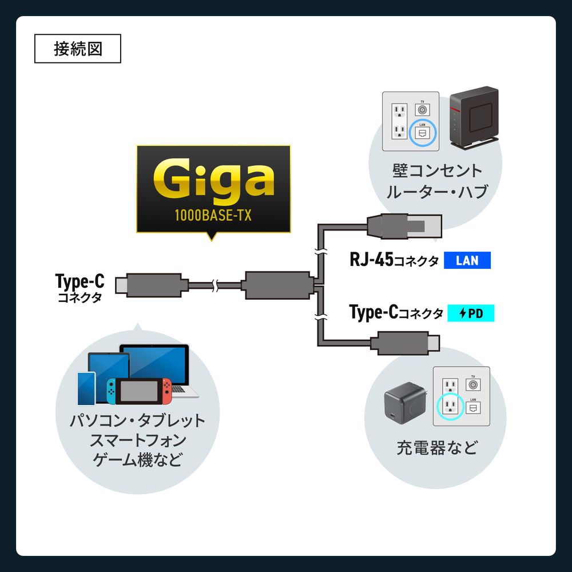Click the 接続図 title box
click(78, 49)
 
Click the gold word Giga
click(213, 179)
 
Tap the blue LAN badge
click(467, 260)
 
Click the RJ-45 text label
click(371, 261)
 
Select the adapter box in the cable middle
click(278, 284)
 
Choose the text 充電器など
click(436, 447)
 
